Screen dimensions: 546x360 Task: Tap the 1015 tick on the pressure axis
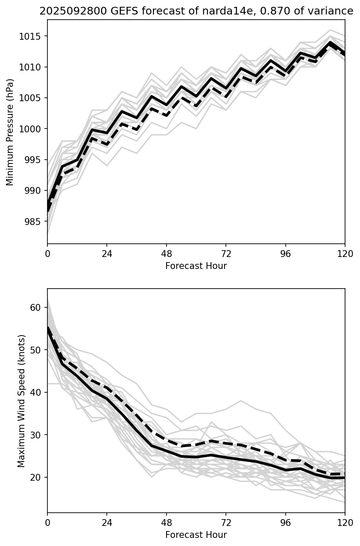click(x=32, y=36)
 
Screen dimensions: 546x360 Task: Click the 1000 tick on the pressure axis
click(x=32, y=129)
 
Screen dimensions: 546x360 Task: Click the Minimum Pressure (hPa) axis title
click(x=10, y=132)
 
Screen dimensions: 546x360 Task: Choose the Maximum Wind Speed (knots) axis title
click(x=21, y=400)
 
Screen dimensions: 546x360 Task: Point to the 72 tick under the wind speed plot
click(x=226, y=523)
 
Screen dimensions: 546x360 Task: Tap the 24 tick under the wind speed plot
click(x=107, y=523)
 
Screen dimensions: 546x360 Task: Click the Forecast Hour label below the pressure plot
click(x=196, y=266)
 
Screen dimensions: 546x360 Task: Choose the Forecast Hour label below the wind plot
click(x=196, y=535)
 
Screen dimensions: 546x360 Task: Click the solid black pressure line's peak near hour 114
click(x=330, y=42)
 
